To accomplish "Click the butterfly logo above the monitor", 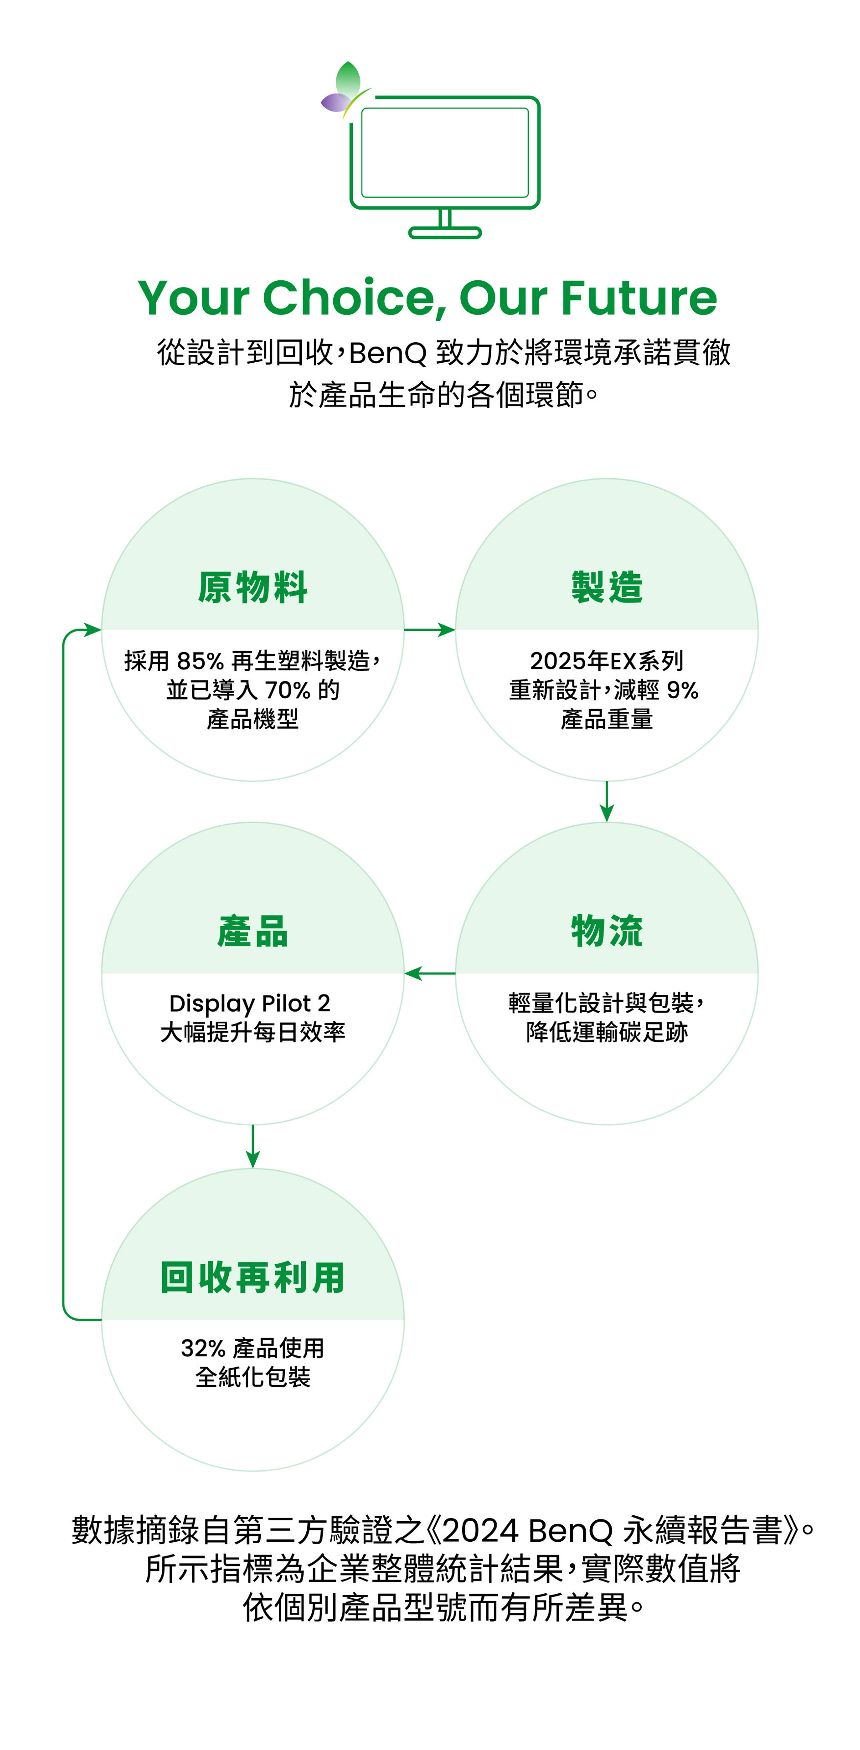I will pyautogui.click(x=345, y=90).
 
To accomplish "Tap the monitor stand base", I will pyautogui.click(x=444, y=233).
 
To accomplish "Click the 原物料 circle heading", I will pyautogui.click(x=252, y=587).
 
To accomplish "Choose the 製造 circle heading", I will pyautogui.click(x=607, y=587).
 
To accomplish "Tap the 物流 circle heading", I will pyautogui.click(x=607, y=931).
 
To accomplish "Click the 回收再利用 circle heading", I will pyautogui.click(x=252, y=1277).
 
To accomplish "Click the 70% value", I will pyautogui.click(x=287, y=690).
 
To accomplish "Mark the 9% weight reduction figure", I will pyautogui.click(x=682, y=690).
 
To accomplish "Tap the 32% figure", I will pyautogui.click(x=202, y=1348).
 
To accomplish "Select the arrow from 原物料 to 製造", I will pyautogui.click(x=429, y=630).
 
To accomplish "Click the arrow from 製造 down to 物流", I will pyautogui.click(x=607, y=802).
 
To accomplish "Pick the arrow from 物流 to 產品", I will pyautogui.click(x=429, y=973).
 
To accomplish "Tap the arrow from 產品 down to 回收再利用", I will pyautogui.click(x=252, y=1147).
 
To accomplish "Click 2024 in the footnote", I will pyautogui.click(x=479, y=1531).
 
